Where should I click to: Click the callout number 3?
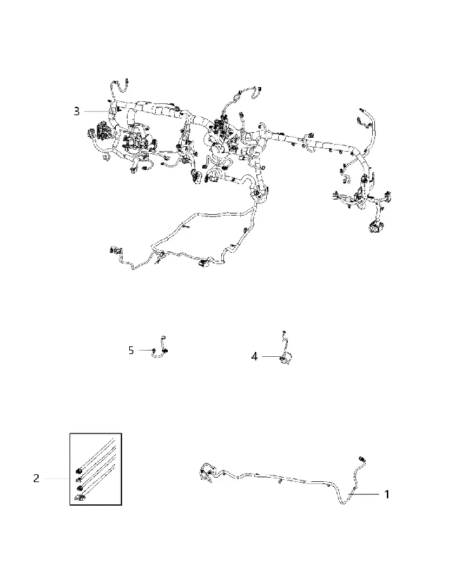tap(77, 112)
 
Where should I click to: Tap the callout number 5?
tap(131, 350)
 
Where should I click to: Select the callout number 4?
tap(254, 357)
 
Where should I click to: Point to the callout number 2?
tap(37, 478)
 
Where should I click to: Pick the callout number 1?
tap(386, 495)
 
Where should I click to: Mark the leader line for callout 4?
tap(272, 357)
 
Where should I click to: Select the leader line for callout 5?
tap(146, 350)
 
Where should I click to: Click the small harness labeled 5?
tap(160, 348)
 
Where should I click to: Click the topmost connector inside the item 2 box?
tap(78, 471)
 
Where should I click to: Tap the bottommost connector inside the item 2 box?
tap(79, 497)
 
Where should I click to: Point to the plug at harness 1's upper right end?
tap(362, 459)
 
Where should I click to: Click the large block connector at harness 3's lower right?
tap(376, 226)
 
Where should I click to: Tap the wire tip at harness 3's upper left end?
tap(128, 81)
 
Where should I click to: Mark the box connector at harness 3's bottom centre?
tap(204, 264)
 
